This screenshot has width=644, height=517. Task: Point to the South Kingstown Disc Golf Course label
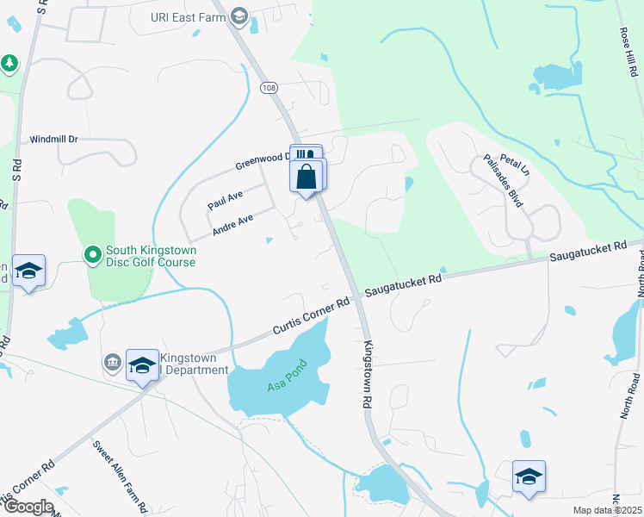click(151, 256)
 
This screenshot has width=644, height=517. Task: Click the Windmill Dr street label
click(53, 139)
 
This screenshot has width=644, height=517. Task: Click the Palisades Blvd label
click(504, 182)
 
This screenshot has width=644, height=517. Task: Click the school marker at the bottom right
click(529, 477)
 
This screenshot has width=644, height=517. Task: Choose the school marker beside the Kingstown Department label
click(142, 366)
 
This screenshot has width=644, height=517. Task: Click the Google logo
click(28, 507)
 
